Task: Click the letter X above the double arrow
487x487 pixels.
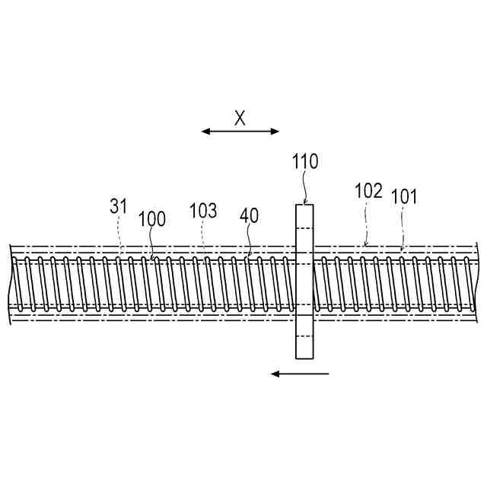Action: pyautogui.click(x=240, y=118)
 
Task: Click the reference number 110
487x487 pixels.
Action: pyautogui.click(x=305, y=161)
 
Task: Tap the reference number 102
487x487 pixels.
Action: pyautogui.click(x=368, y=191)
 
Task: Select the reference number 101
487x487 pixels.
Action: pyautogui.click(x=404, y=196)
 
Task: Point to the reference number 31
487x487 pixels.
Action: pyautogui.click(x=119, y=206)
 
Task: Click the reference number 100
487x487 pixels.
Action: pyautogui.click(x=151, y=219)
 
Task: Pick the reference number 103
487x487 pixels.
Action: pyautogui.click(x=203, y=211)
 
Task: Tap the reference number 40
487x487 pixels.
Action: pyautogui.click(x=249, y=216)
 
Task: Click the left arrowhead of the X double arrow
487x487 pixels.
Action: pyautogui.click(x=205, y=132)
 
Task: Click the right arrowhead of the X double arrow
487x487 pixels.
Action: pyautogui.click(x=275, y=132)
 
